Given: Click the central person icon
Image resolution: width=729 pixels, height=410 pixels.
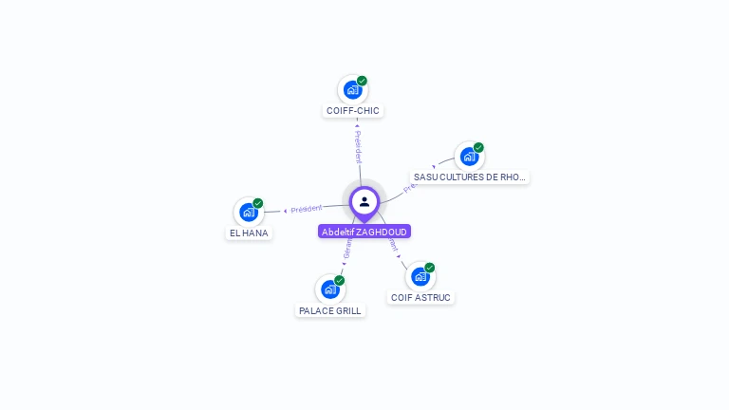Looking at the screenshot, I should tap(364, 201).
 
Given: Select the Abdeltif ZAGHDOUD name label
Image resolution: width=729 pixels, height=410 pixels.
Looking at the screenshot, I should tap(364, 232).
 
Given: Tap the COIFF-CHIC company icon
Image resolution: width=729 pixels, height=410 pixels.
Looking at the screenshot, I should tap(352, 90).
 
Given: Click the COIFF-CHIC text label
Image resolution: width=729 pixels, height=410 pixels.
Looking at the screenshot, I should tap(353, 111).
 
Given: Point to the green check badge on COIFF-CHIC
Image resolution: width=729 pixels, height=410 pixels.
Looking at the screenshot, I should tap(362, 81).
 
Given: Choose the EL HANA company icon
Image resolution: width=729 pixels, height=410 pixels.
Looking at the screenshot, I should tap(249, 213).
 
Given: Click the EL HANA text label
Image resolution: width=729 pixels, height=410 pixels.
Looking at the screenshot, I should tap(249, 233).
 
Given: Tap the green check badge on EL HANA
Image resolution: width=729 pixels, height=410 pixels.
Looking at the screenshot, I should tap(258, 203).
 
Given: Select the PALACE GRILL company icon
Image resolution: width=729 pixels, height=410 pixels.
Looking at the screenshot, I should tap(329, 289).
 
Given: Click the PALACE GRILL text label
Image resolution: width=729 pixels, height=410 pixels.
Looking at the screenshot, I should tap(330, 310).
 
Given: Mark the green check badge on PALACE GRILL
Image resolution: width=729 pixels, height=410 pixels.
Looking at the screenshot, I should tap(339, 280).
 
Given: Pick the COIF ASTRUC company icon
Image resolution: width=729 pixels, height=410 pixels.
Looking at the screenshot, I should tap(420, 276).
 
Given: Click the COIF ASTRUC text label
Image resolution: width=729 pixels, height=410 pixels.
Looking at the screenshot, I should tap(421, 297).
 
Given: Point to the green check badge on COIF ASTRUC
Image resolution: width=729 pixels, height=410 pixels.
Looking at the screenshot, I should tap(429, 268).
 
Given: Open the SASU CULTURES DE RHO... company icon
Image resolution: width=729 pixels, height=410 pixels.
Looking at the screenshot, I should tap(469, 157).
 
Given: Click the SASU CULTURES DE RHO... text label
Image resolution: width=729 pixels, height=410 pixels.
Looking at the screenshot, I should tap(470, 177).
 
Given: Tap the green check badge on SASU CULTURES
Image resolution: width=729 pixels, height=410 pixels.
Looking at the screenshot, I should tap(478, 147).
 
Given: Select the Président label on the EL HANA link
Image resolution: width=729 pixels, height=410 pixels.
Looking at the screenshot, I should tap(307, 208).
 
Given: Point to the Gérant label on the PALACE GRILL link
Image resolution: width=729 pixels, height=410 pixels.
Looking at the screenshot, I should tap(347, 249).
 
